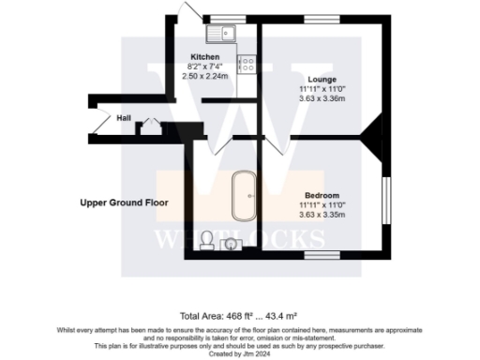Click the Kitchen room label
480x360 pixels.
(204, 56)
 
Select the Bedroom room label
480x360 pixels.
(322, 195)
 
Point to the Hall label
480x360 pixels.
(124, 119)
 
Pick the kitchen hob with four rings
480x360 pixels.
(248, 65)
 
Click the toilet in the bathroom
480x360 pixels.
(207, 240)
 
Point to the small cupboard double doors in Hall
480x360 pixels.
(147, 127)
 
